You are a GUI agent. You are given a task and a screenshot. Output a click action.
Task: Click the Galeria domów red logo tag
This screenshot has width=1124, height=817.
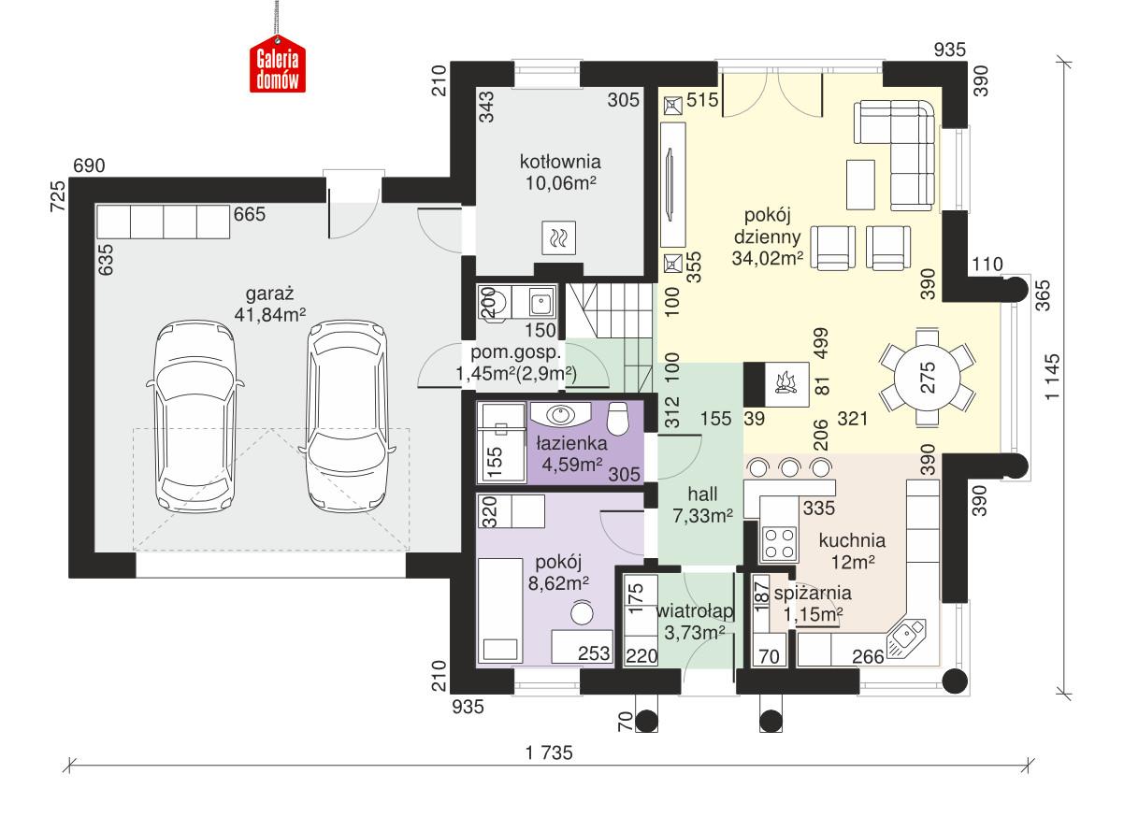pyautogui.click(x=277, y=68)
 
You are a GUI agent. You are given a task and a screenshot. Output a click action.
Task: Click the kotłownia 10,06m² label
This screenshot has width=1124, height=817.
pyautogui.click(x=560, y=171)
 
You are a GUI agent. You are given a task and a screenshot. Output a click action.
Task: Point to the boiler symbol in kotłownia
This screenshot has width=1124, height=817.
pyautogui.click(x=559, y=238)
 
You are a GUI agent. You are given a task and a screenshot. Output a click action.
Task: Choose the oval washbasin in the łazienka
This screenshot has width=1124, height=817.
pyautogui.click(x=561, y=412)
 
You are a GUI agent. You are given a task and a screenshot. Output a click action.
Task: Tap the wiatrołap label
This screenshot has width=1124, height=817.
pyautogui.click(x=693, y=622)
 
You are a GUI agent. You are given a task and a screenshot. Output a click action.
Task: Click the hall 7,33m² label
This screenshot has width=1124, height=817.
pyautogui.click(x=701, y=503)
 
